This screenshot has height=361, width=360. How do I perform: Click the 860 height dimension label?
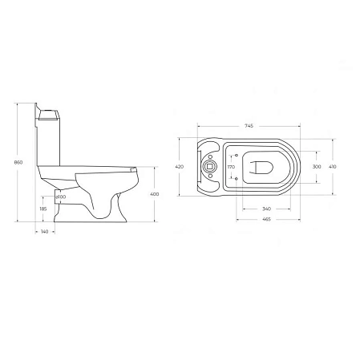click(9, 163)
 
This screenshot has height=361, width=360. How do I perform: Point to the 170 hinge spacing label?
click(231, 166)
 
